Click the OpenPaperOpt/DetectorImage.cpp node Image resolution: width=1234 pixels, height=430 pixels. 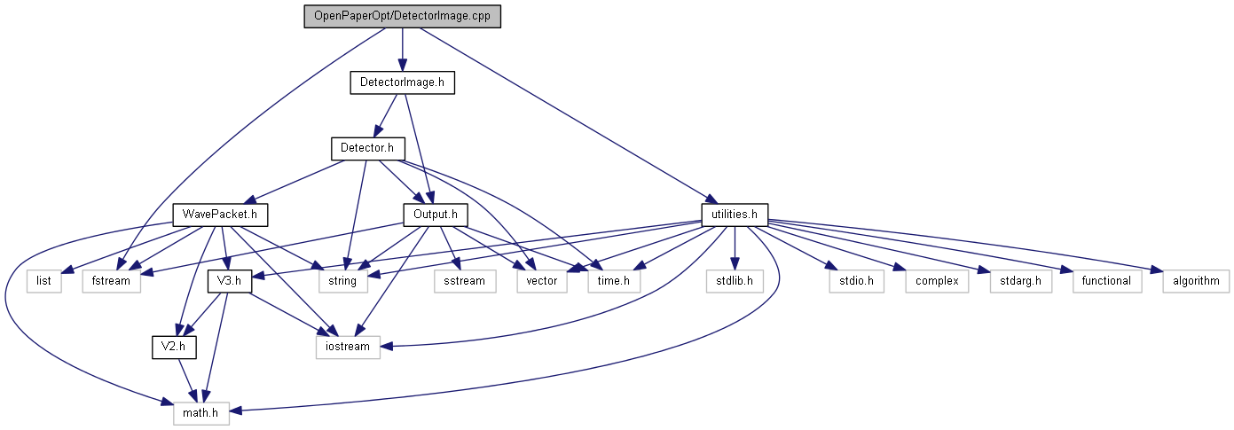pos(402,16)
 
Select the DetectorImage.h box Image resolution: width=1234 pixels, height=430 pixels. pos(402,82)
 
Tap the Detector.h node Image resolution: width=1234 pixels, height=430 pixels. pos(367,147)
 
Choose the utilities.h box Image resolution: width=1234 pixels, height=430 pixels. pos(734,215)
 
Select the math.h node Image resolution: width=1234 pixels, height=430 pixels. pos(195,412)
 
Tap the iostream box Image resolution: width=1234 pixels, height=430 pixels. pos(348,347)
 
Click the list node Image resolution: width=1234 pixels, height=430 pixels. pos(44,281)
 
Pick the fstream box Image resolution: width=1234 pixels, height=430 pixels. pos(112,281)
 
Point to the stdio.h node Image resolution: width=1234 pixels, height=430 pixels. pos(851,281)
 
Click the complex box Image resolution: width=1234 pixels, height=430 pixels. pos(931,281)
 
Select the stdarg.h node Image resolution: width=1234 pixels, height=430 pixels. pos(1014,281)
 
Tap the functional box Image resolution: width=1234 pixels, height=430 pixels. pos(1106,281)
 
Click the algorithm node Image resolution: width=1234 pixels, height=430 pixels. pos(1196,281)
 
